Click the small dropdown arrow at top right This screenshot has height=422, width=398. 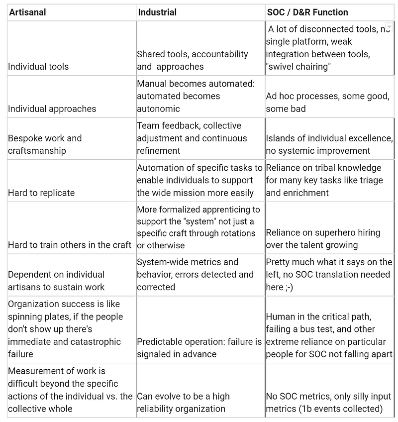pyautogui.click(x=389, y=26)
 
